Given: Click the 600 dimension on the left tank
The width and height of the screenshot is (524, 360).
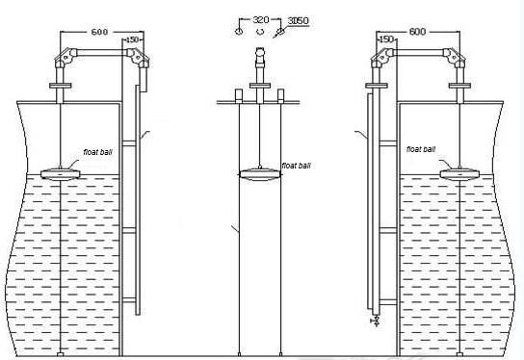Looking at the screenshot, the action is tap(99, 32).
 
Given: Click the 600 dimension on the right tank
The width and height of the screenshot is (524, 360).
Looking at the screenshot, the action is tap(417, 32).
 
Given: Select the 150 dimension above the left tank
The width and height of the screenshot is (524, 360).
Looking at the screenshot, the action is tap(132, 39).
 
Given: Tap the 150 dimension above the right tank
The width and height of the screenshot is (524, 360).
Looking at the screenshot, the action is tap(387, 39).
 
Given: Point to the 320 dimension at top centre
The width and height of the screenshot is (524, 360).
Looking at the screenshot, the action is tap(261, 19).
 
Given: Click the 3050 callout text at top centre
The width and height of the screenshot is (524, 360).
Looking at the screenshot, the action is tap(298, 21).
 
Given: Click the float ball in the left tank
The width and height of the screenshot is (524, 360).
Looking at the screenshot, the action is tap(60, 174).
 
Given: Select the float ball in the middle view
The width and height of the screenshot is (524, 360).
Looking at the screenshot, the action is tap(260, 174).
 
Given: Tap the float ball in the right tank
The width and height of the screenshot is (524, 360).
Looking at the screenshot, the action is tap(459, 174).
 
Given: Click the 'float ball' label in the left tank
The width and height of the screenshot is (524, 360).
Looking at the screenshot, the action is tap(97, 152).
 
